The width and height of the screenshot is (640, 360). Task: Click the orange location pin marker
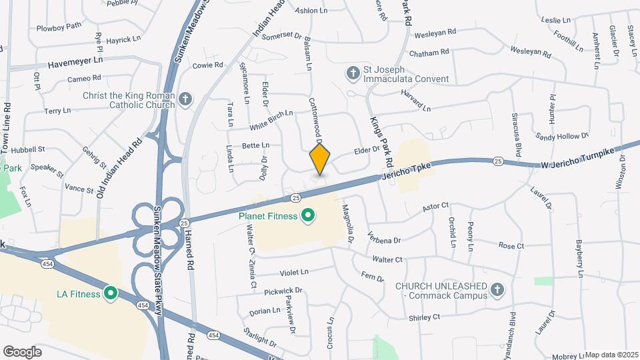coord(320,160)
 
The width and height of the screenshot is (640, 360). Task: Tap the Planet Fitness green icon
coord(308,215)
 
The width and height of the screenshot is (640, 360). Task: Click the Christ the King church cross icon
coord(185,101)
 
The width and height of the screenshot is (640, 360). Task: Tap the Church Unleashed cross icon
coord(496,289)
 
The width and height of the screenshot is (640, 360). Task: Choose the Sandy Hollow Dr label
coord(563,136)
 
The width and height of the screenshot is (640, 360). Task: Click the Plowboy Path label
coord(59,26)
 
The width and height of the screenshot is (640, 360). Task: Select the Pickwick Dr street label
coord(283,291)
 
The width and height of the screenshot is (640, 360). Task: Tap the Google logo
coord(22,351)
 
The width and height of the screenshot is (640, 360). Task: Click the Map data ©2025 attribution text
coord(612,355)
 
